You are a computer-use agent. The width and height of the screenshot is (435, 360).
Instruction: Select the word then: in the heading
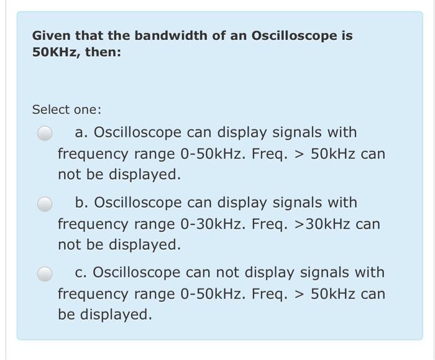103,52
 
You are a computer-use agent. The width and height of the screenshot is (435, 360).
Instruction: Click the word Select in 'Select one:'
48,109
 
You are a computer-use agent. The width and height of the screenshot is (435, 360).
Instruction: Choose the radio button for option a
45,134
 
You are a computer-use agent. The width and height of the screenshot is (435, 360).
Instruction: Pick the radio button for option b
45,204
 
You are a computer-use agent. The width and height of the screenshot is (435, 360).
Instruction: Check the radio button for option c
45,274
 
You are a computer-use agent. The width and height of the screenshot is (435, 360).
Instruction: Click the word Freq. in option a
272,154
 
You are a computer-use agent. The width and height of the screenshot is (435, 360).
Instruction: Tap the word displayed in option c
115,315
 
